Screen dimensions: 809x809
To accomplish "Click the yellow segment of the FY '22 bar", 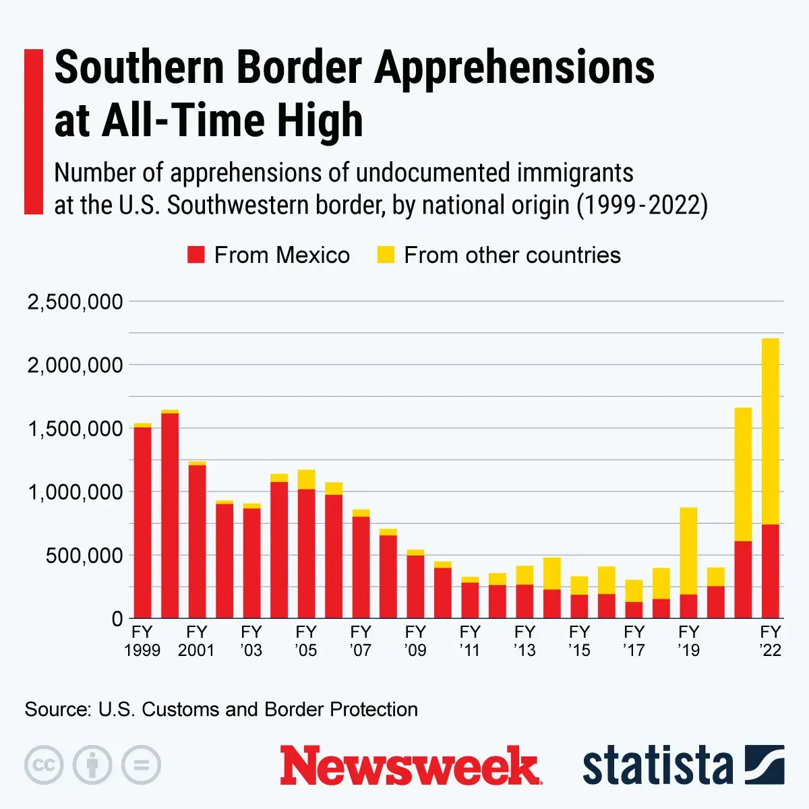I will pyautogui.click(x=770, y=431).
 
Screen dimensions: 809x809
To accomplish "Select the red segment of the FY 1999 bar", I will pyautogui.click(x=142, y=522).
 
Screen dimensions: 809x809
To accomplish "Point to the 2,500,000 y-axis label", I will pyautogui.click(x=75, y=302).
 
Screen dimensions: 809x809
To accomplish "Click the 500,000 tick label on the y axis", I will pyautogui.click(x=85, y=556).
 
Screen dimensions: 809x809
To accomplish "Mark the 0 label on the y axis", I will pyautogui.click(x=117, y=619).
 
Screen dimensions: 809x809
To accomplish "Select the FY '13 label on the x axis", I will pyautogui.click(x=525, y=641).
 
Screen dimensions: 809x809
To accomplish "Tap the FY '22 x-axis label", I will pyautogui.click(x=770, y=641).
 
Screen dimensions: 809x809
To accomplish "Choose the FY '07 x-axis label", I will pyautogui.click(x=361, y=641).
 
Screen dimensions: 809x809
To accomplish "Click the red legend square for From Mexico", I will pyautogui.click(x=196, y=255).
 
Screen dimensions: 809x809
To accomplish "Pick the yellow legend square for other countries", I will pyautogui.click(x=386, y=255).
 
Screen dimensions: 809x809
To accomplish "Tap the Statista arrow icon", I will pyautogui.click(x=765, y=765).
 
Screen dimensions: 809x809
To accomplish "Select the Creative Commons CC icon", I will pyautogui.click(x=44, y=765).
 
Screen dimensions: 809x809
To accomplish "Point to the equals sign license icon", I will pyautogui.click(x=141, y=765).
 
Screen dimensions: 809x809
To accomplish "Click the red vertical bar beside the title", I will pyautogui.click(x=33, y=131).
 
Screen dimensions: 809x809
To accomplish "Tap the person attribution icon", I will pyautogui.click(x=92, y=765).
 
